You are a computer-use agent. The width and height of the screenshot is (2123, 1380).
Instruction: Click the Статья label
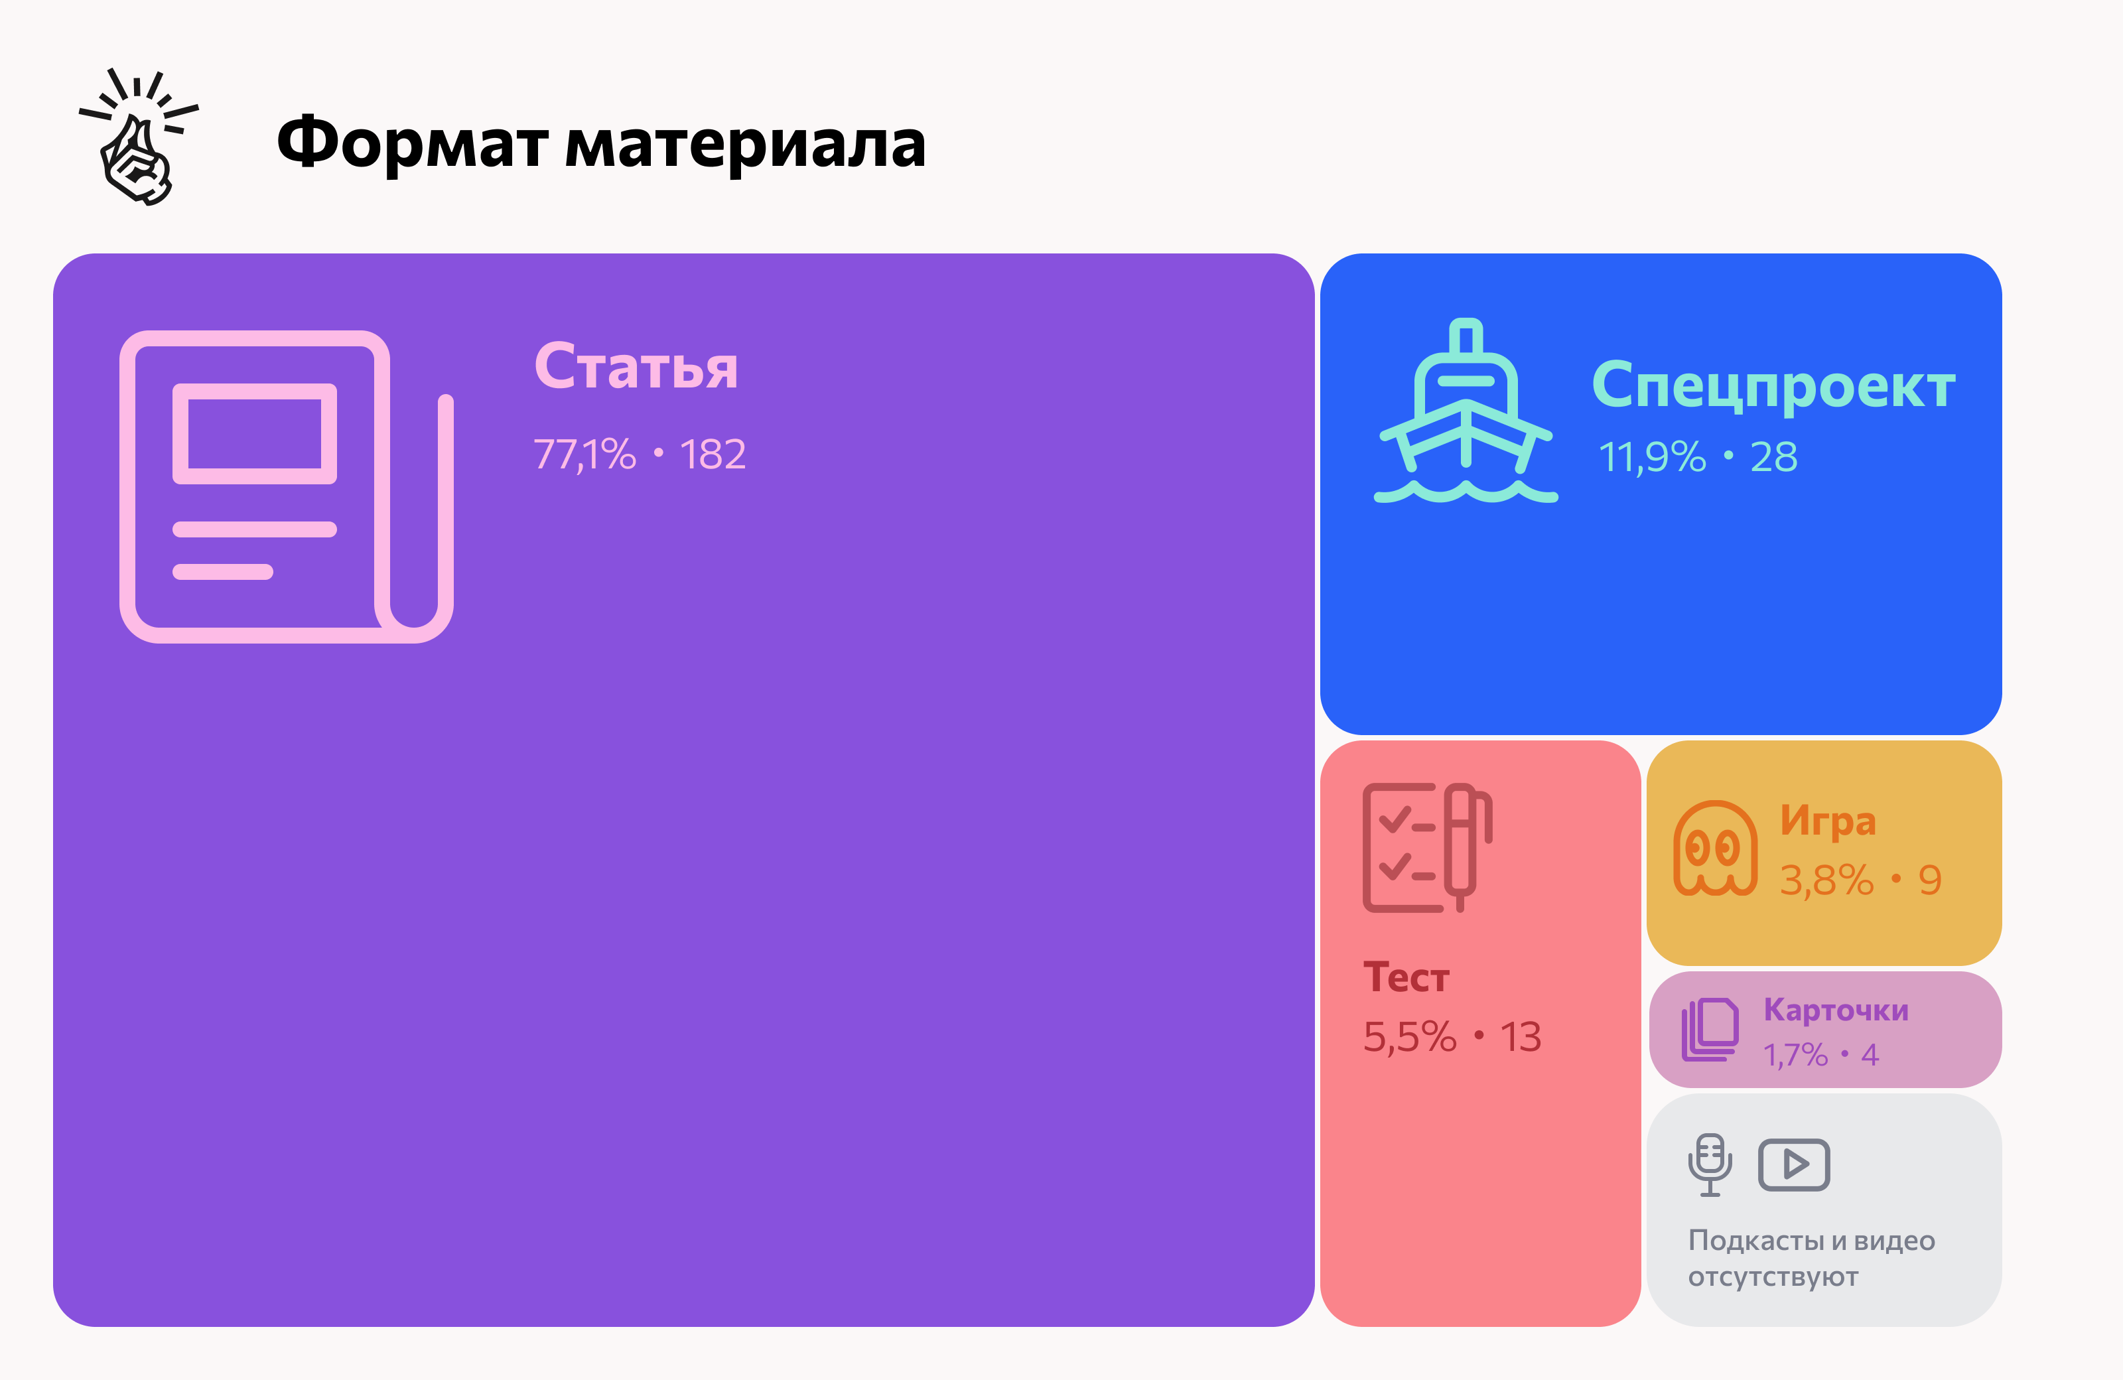[x=636, y=367]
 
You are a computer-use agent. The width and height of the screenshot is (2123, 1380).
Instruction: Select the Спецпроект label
[x=1773, y=385]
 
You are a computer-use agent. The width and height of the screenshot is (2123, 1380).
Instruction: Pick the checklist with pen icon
[x=1426, y=847]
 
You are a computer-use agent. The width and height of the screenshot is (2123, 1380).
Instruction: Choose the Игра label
[x=1828, y=821]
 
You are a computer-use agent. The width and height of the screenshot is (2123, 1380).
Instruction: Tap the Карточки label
[x=1836, y=1010]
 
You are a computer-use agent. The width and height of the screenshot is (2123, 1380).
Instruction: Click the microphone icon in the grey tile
[x=1710, y=1165]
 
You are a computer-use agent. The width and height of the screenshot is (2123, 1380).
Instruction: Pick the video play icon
[x=1794, y=1165]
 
